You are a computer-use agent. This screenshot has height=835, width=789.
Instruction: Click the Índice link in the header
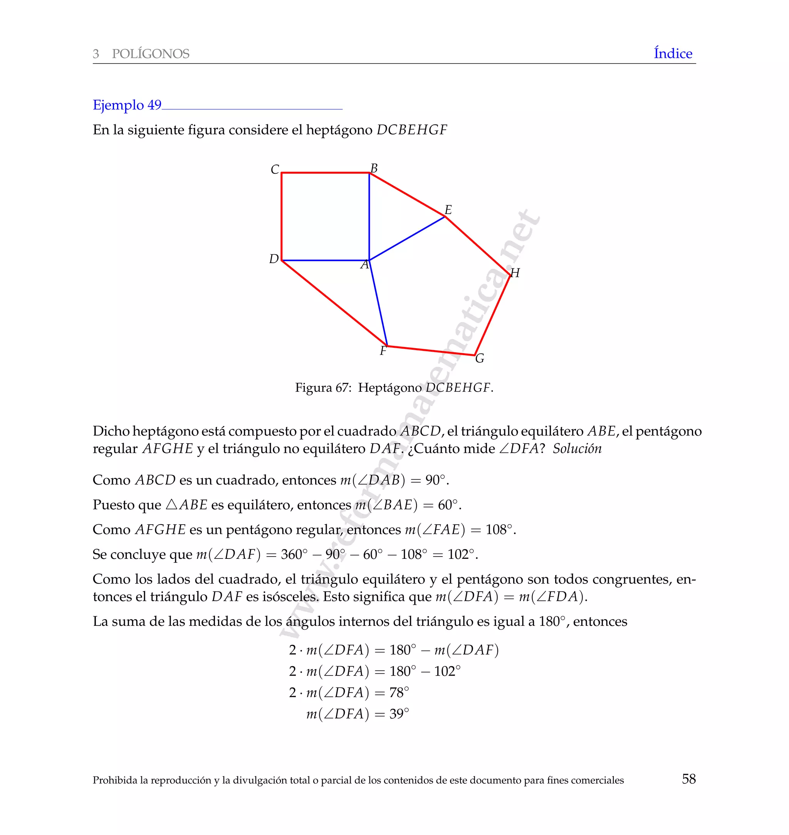tap(673, 54)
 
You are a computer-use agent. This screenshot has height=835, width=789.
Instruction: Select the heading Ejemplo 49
tap(127, 105)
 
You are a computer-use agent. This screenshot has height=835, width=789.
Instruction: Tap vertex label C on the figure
tap(275, 169)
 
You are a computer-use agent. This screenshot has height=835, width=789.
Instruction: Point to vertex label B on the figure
tap(374, 168)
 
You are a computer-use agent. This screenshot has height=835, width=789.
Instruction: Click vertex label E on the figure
tap(448, 210)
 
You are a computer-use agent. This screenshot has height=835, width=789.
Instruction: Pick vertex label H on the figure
tap(515, 273)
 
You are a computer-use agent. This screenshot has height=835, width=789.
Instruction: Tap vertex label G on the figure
tap(480, 358)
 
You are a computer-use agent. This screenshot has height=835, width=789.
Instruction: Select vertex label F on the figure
tap(383, 350)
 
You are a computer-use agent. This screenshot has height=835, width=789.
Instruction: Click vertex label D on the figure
tap(274, 259)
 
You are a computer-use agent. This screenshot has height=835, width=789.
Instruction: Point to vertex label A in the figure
tap(364, 265)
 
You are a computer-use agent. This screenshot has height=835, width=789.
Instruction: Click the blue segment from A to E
tap(407, 238)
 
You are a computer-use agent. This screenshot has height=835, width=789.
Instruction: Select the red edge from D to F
tap(334, 303)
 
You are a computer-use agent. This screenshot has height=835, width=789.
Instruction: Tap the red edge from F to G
tap(431, 350)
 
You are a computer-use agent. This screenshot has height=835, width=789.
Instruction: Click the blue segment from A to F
tap(378, 303)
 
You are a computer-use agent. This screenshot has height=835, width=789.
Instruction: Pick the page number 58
tap(688, 779)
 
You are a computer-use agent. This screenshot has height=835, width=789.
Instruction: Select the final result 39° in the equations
tap(399, 714)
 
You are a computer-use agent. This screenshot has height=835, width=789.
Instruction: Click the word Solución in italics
tap(577, 449)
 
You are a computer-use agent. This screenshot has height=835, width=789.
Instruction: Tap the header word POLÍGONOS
tap(151, 54)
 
